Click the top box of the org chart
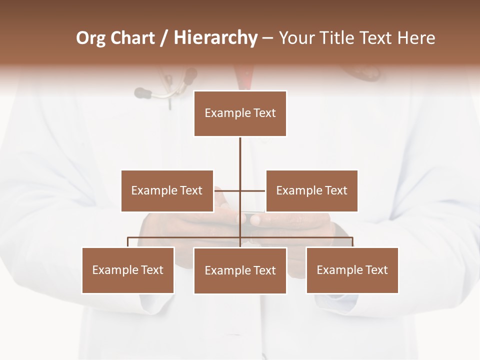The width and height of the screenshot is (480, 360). click(x=240, y=113)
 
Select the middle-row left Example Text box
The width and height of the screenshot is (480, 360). click(x=167, y=190)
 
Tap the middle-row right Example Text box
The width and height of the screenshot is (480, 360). click(x=311, y=190)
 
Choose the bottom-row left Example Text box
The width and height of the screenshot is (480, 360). click(x=128, y=270)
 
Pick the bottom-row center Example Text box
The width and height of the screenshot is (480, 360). click(x=240, y=270)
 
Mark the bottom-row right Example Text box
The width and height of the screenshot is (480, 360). click(x=352, y=270)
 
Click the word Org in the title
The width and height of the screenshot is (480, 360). click(x=91, y=38)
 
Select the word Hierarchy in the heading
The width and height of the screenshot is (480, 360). click(x=215, y=38)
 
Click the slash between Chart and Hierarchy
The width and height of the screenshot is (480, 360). click(x=163, y=38)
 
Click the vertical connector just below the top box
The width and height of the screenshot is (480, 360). click(x=240, y=150)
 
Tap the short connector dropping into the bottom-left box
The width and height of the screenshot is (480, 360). click(x=128, y=242)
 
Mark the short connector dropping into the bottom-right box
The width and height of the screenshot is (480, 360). click(x=352, y=242)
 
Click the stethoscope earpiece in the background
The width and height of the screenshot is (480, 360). click(x=142, y=92)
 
